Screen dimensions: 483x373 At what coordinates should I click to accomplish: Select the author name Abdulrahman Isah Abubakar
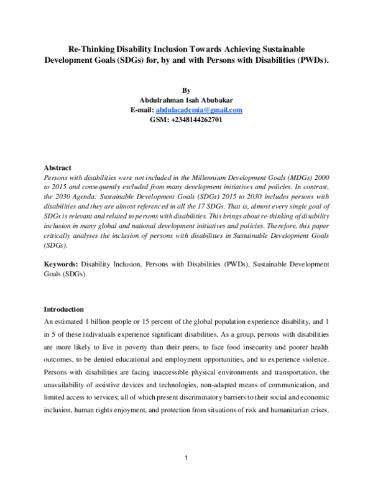point(186,100)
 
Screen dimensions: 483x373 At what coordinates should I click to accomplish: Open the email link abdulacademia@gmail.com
point(199,110)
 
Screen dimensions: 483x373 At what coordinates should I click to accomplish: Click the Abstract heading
point(57,168)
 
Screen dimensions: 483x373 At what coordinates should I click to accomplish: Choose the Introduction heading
point(64,309)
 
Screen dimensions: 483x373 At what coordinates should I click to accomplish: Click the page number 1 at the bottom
point(186,459)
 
